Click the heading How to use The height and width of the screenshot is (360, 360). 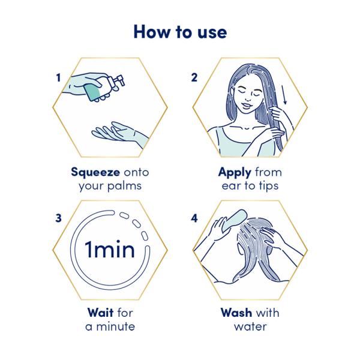[x=180, y=32]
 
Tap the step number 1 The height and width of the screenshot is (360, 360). [x=59, y=78]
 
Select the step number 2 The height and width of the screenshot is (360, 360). [x=194, y=77]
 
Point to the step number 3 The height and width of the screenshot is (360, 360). [x=58, y=218]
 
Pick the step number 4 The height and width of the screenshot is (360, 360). [x=194, y=218]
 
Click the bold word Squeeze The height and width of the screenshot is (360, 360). [x=95, y=172]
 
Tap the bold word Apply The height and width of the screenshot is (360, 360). [x=235, y=173]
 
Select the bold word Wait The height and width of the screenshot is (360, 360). [x=101, y=313]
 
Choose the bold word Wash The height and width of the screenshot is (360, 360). [x=236, y=313]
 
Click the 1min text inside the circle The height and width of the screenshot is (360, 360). [x=110, y=250]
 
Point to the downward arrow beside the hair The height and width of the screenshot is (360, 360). [x=284, y=95]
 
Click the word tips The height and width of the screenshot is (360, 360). [x=269, y=186]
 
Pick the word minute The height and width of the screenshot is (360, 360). [x=115, y=326]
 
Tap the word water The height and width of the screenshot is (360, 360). [x=250, y=327]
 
